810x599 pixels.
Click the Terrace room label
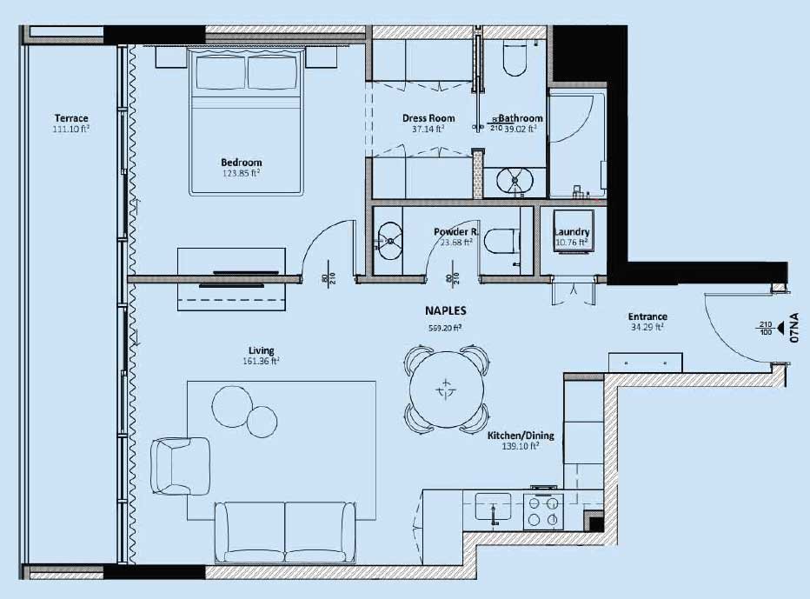(x=71, y=118)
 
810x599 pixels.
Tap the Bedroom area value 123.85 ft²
(x=241, y=173)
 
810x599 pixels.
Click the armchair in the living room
(x=180, y=464)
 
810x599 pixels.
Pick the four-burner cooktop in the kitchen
(x=543, y=510)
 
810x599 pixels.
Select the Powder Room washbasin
(x=389, y=237)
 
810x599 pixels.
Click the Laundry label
(x=572, y=232)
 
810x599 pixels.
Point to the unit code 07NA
(x=795, y=330)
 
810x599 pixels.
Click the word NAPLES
(x=446, y=310)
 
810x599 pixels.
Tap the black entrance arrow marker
(x=780, y=329)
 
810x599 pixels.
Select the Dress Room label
(x=428, y=118)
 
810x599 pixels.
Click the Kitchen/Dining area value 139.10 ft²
(x=521, y=446)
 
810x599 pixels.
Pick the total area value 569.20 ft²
(x=446, y=328)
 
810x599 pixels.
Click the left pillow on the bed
(x=221, y=72)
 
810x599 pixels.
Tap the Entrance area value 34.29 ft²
(x=647, y=328)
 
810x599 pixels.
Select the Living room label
(x=262, y=350)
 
